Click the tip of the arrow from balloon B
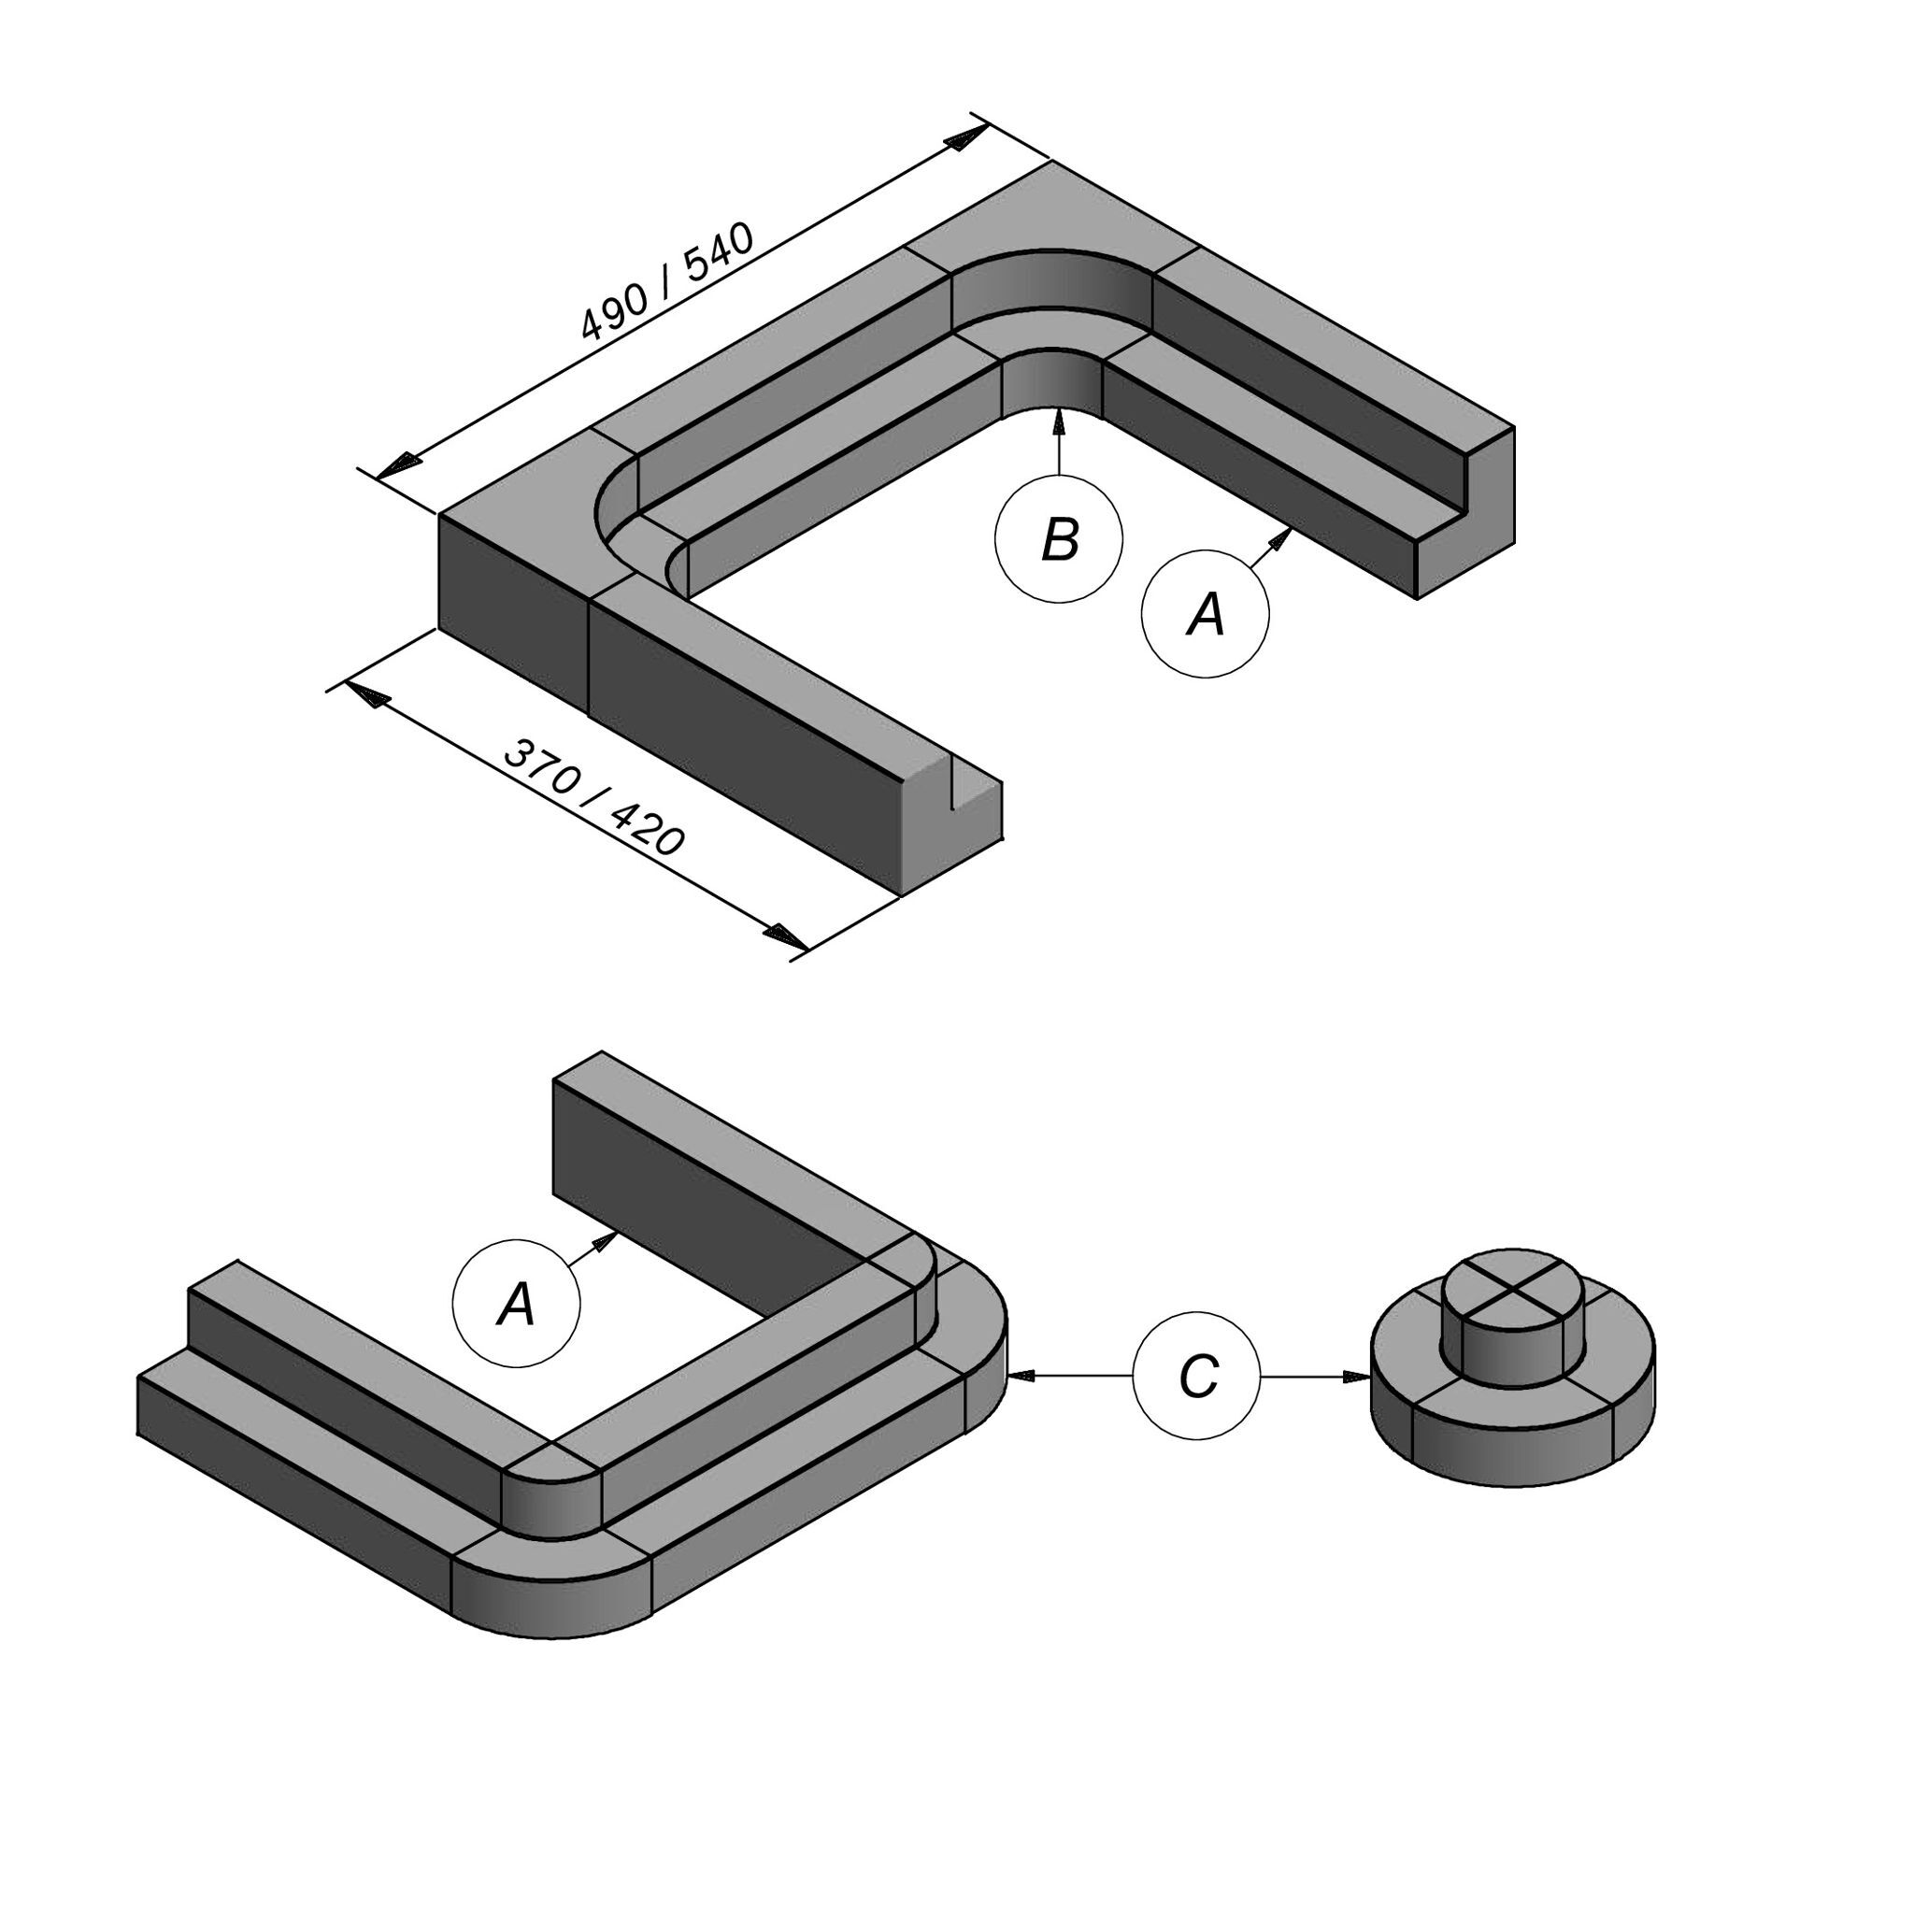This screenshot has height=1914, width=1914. [1059, 409]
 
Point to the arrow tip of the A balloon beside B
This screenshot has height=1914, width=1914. [1293, 529]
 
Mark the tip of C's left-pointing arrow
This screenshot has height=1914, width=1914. [1008, 1376]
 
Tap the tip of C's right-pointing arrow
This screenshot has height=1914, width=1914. [1370, 1376]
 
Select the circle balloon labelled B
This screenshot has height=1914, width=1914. [1059, 539]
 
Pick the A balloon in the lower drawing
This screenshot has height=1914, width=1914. [516, 1304]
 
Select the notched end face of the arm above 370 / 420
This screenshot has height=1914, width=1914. [951, 824]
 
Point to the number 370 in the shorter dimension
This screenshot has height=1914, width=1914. [540, 765]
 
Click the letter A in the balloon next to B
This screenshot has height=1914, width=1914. [1206, 614]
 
